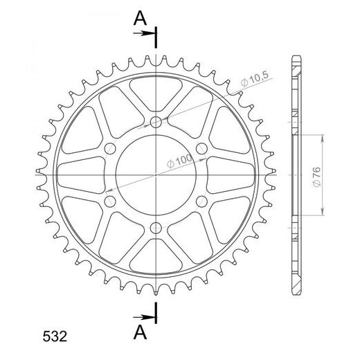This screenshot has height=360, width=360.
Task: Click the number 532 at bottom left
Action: pyautogui.click(x=55, y=336)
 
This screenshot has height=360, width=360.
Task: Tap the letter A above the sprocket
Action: pyautogui.click(x=140, y=19)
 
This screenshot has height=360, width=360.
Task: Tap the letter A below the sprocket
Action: pyautogui.click(x=140, y=332)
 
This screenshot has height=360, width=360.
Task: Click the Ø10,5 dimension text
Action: pyautogui.click(x=255, y=79)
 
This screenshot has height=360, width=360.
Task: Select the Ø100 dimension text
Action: pyautogui.click(x=179, y=161)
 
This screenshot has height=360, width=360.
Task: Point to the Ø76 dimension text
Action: pyautogui.click(x=316, y=177)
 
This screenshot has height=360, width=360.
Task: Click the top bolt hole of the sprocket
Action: pyautogui.click(x=156, y=122)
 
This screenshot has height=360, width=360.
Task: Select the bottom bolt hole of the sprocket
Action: pyautogui.click(x=156, y=228)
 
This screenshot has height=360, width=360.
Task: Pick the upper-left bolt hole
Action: pyautogui.click(x=110, y=148)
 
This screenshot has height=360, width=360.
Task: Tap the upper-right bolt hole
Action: pyautogui.click(x=201, y=148)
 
